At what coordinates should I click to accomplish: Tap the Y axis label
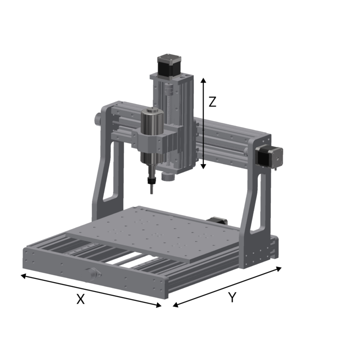click(x=232, y=297)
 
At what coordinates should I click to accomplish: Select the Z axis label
click(x=212, y=102)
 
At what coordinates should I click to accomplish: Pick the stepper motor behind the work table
click(x=217, y=220)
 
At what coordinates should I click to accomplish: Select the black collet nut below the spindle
click(x=150, y=180)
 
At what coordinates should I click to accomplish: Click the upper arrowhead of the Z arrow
click(x=203, y=80)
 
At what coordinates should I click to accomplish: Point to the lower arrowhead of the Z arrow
click(x=203, y=167)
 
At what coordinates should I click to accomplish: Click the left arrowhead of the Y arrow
click(x=175, y=306)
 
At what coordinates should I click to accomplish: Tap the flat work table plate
click(x=155, y=232)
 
